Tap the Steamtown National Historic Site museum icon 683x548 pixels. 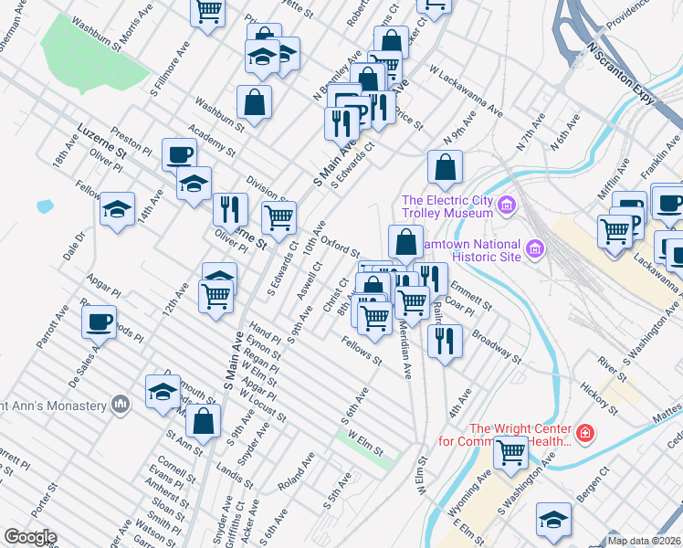tap(535, 248)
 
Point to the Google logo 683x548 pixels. tap(30, 537)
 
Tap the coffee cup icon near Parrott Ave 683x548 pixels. tap(99, 321)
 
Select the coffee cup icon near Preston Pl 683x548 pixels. tap(179, 153)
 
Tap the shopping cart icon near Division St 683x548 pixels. tap(278, 216)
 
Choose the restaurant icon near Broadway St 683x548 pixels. tap(444, 341)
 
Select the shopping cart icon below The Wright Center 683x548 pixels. tap(510, 450)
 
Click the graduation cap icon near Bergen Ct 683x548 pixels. tap(553, 519)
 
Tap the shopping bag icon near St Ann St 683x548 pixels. tap(203, 420)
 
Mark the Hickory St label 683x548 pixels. tap(599, 398)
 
